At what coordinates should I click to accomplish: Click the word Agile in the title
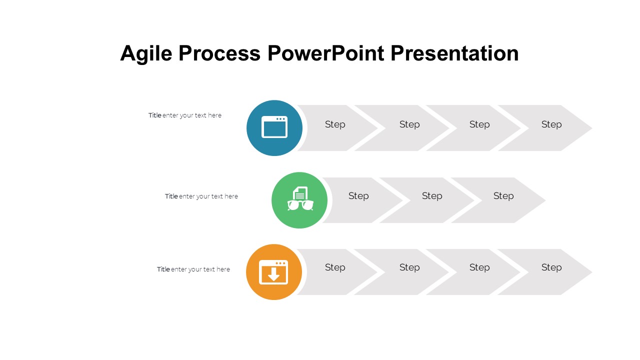click(x=146, y=53)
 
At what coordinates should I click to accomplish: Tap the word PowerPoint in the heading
click(x=325, y=53)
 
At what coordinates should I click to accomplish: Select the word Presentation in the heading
click(x=454, y=53)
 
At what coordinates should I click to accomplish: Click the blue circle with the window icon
click(x=274, y=128)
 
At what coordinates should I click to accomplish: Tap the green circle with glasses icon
click(x=299, y=200)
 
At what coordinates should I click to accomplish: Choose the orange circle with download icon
click(x=273, y=272)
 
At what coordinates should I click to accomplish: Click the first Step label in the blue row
click(x=335, y=124)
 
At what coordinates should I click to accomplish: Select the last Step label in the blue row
click(x=551, y=124)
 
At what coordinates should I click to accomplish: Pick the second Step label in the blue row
click(x=409, y=124)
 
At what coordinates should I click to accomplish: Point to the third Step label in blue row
click(x=479, y=124)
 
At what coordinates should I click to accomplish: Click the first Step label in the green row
click(x=358, y=196)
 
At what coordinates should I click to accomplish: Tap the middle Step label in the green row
click(x=432, y=196)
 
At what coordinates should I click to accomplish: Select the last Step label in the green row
click(x=503, y=196)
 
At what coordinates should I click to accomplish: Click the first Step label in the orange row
click(x=335, y=267)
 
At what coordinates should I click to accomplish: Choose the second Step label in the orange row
click(x=409, y=267)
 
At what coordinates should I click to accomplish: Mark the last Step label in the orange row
click(x=551, y=267)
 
